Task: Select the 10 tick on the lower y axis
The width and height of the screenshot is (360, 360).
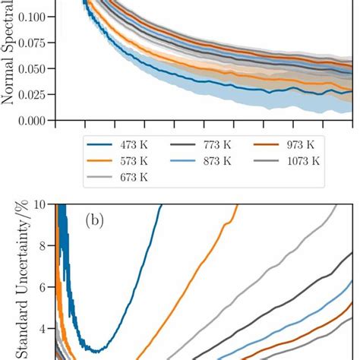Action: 44,204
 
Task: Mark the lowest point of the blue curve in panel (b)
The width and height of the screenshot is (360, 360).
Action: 93,351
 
